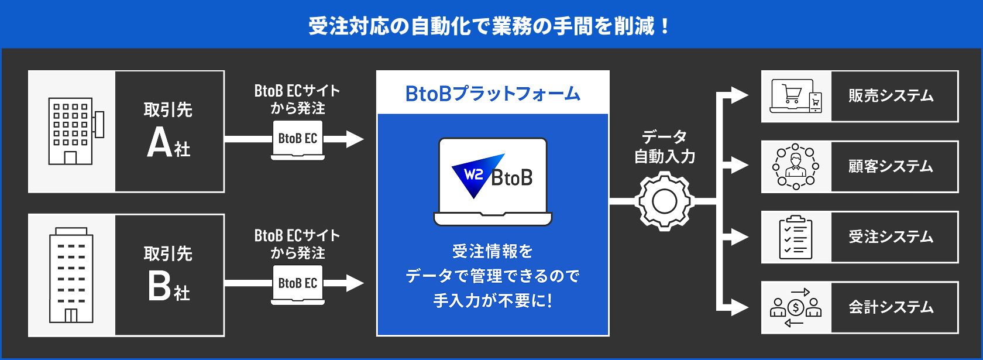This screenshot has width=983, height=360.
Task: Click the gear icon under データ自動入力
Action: click(665, 201)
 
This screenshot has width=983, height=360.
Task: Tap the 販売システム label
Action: click(891, 96)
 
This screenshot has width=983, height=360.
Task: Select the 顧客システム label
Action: click(891, 166)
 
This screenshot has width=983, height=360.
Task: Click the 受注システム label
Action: click(891, 236)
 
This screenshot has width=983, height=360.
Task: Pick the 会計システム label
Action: click(891, 307)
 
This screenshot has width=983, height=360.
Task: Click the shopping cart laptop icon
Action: click(796, 97)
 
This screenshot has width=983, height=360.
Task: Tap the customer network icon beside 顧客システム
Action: click(796, 167)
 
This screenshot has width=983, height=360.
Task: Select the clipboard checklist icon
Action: click(796, 237)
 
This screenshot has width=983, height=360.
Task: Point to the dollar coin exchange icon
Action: click(796, 307)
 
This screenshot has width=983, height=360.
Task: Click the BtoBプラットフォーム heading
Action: click(493, 94)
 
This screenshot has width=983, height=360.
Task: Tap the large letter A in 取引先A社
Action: click(159, 143)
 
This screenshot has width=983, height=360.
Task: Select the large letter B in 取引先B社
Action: click(159, 286)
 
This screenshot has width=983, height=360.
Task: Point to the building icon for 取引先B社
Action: click(71, 275)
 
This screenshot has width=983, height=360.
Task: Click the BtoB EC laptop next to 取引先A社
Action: click(298, 140)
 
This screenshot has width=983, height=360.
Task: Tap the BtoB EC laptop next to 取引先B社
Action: click(298, 284)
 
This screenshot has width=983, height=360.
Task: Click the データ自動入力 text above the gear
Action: click(665, 146)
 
